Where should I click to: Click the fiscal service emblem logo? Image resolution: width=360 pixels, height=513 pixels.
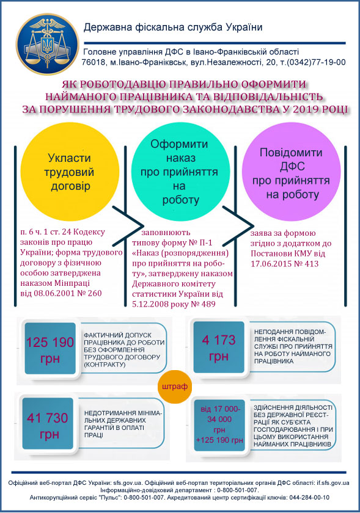48,44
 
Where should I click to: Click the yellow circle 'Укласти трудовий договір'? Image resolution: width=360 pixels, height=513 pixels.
70,172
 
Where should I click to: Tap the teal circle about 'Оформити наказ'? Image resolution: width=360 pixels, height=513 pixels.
180,172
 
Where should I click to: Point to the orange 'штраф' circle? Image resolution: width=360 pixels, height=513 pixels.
175,387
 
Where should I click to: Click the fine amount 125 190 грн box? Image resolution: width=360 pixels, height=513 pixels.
50,349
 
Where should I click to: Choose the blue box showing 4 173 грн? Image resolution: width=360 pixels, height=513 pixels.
219,347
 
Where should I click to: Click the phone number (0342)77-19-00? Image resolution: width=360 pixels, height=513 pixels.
316,62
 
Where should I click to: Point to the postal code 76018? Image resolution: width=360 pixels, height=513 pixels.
93,62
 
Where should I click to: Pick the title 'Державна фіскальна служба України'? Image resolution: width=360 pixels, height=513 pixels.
173,27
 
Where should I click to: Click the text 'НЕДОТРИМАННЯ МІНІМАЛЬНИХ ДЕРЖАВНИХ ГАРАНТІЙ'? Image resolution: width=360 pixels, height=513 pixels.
123,420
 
